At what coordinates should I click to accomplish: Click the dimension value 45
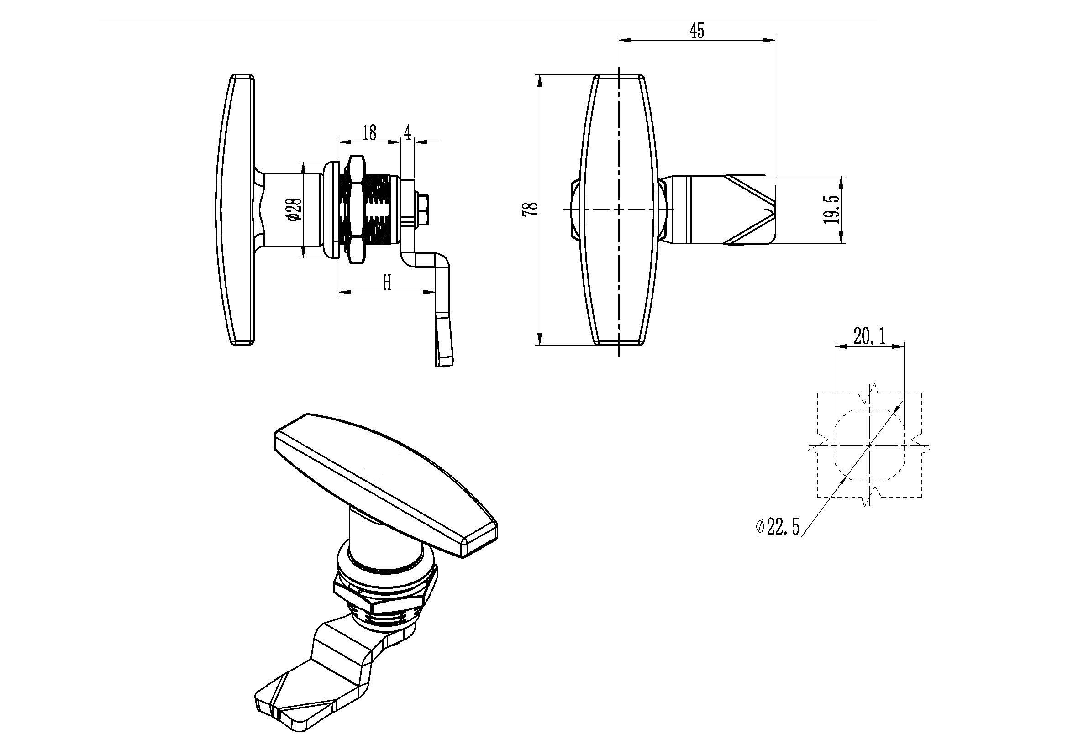[x=697, y=31]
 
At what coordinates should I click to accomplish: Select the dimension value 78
[x=531, y=209]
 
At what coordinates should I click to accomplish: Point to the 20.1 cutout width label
[x=869, y=336]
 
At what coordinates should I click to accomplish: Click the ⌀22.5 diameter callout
[x=778, y=527]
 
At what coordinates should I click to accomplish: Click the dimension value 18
[x=369, y=132]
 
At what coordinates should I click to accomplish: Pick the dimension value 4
[x=407, y=133]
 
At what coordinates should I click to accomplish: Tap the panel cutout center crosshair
[x=869, y=446]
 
